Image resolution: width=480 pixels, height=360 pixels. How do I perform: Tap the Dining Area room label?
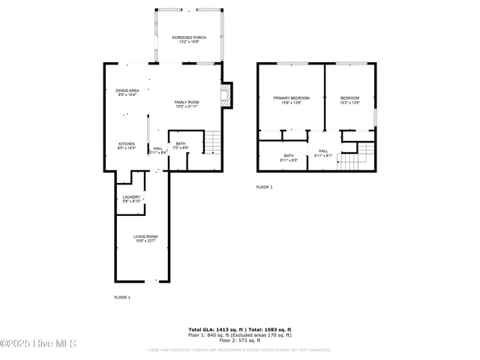click(127, 92)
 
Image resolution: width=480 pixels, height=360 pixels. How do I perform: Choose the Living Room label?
click(144, 238)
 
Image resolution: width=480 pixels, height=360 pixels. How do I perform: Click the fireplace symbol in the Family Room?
click(226, 93)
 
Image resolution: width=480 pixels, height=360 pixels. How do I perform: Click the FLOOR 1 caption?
click(122, 298)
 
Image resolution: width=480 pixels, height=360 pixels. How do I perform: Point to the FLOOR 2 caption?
click(265, 187)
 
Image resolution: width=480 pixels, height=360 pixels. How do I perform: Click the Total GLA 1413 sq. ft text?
click(214, 329)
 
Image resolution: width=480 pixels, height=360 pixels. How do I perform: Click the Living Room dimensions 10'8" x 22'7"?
click(144, 241)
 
